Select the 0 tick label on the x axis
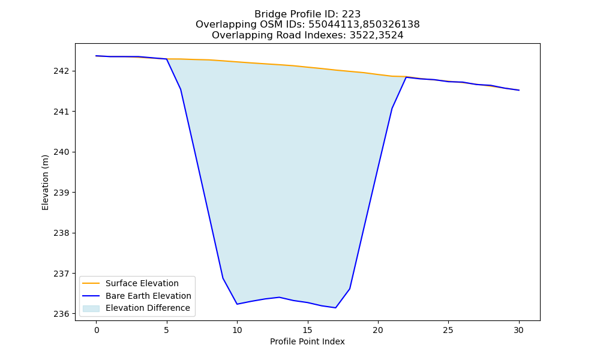97,330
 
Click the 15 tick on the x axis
308,330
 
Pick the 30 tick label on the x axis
518,330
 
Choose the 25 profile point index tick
448,330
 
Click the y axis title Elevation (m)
46,182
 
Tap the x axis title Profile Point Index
307,341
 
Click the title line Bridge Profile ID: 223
308,14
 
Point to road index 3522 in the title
362,35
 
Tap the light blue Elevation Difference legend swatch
91,308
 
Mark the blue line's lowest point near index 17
335,308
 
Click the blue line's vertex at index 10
237,304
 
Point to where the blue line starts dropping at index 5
166,59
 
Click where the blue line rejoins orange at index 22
406,77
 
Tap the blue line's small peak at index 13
280,297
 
